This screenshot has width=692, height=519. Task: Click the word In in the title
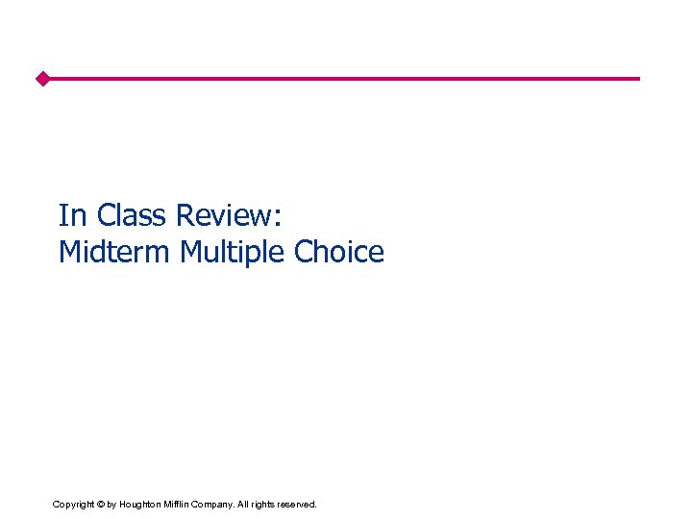(x=71, y=215)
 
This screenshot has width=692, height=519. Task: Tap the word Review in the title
(x=226, y=215)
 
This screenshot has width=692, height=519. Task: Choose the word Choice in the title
(x=339, y=252)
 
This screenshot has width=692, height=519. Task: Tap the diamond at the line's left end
(x=42, y=79)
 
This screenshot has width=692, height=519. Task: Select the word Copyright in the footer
(x=73, y=504)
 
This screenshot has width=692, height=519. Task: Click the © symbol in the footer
(x=100, y=504)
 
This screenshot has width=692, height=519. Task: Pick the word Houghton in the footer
(x=140, y=504)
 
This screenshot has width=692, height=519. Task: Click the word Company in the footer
(x=216, y=504)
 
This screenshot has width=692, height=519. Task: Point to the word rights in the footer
(x=264, y=504)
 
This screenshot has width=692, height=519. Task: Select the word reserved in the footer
(x=298, y=504)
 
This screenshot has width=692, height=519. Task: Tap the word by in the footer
(x=112, y=504)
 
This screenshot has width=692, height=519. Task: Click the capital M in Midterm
(x=68, y=252)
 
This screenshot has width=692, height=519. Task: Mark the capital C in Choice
(x=304, y=252)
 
